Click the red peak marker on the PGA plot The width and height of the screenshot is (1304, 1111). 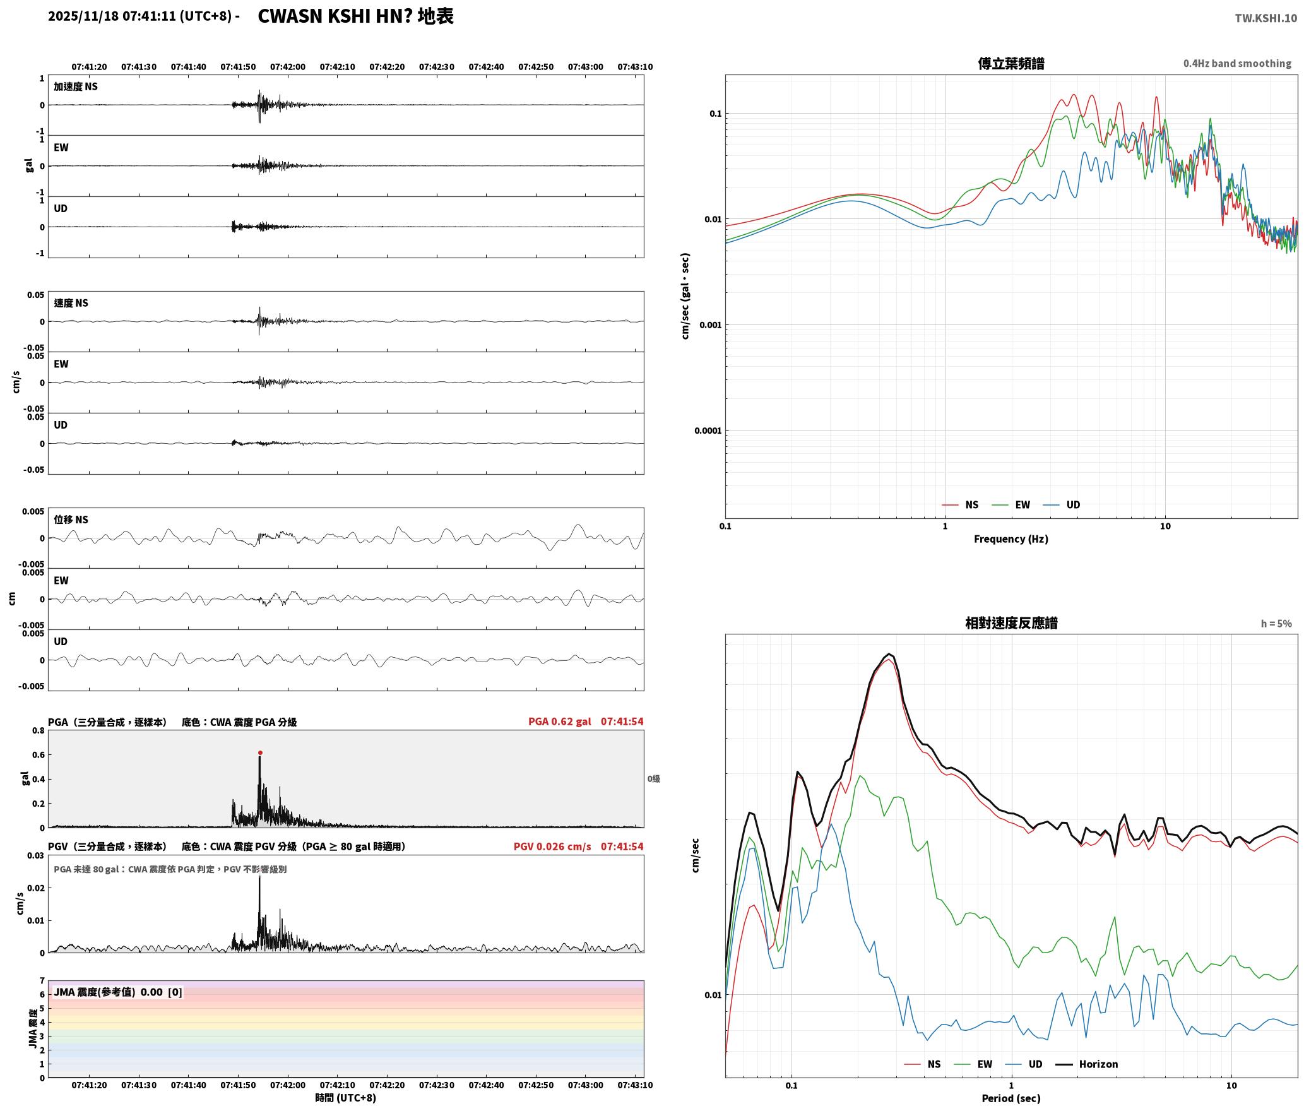point(260,752)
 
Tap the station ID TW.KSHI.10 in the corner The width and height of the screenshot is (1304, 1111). point(1265,18)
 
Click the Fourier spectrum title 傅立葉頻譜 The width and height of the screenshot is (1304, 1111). point(1011,63)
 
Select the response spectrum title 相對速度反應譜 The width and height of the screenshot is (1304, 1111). point(1011,622)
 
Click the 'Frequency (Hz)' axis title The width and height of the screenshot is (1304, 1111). point(1011,538)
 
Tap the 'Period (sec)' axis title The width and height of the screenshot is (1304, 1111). point(1011,1098)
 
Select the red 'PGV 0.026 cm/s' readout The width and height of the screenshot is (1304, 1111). point(552,846)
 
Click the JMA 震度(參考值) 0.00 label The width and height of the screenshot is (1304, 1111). point(118,992)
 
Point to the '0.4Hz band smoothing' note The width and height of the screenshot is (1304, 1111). point(1237,63)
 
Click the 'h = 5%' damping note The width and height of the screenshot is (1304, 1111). point(1276,623)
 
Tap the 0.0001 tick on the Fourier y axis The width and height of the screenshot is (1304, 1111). point(708,431)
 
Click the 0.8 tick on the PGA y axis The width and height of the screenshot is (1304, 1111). point(39,730)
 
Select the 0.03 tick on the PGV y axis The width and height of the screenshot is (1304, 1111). point(36,855)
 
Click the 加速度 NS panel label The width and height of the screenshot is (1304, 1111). point(76,86)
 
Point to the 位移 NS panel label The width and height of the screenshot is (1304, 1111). point(71,520)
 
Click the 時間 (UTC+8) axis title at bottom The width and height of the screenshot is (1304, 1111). point(345,1098)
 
